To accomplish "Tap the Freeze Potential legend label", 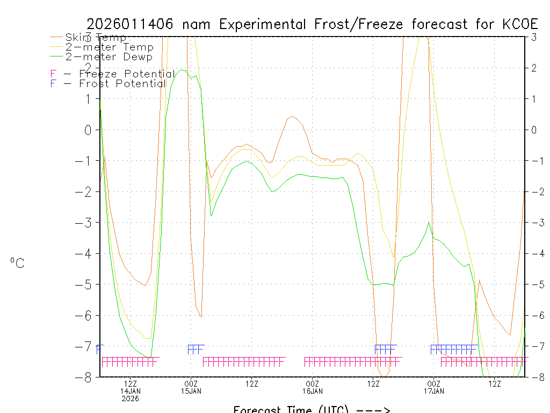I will (127, 74).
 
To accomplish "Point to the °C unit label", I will (17, 264).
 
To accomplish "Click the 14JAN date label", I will (130, 391).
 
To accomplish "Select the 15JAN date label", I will (191, 391).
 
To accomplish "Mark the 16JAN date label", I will (313, 391).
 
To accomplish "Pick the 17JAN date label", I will (433, 391).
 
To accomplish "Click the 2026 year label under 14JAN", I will (130, 399).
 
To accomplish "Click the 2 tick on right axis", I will (534, 68).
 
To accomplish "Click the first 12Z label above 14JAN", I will (130, 383).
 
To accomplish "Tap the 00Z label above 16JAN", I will (313, 383).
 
